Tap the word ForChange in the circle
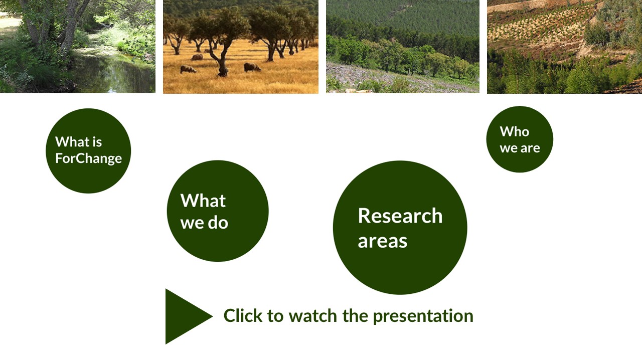89,159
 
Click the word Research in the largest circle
400,216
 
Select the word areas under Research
382,241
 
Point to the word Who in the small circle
515,131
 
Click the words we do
204,223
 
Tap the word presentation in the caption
423,316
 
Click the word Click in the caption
243,315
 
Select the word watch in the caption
312,315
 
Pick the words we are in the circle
520,148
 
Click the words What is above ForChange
79,142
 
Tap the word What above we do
203,201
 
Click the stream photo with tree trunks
78,47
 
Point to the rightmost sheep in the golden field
252,67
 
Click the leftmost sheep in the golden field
188,69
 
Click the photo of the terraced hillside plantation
564,47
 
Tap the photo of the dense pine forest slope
403,47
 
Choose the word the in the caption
355,315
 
